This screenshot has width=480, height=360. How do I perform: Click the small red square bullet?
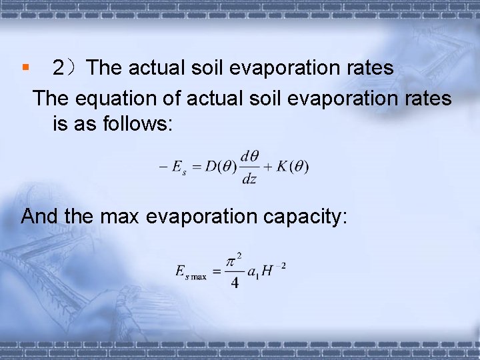[25, 67]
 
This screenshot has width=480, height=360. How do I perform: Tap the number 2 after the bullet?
[59, 68]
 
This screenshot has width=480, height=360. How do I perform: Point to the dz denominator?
[249, 179]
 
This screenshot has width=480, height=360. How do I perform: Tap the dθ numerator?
[249, 157]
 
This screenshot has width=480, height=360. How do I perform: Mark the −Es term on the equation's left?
[173, 168]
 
